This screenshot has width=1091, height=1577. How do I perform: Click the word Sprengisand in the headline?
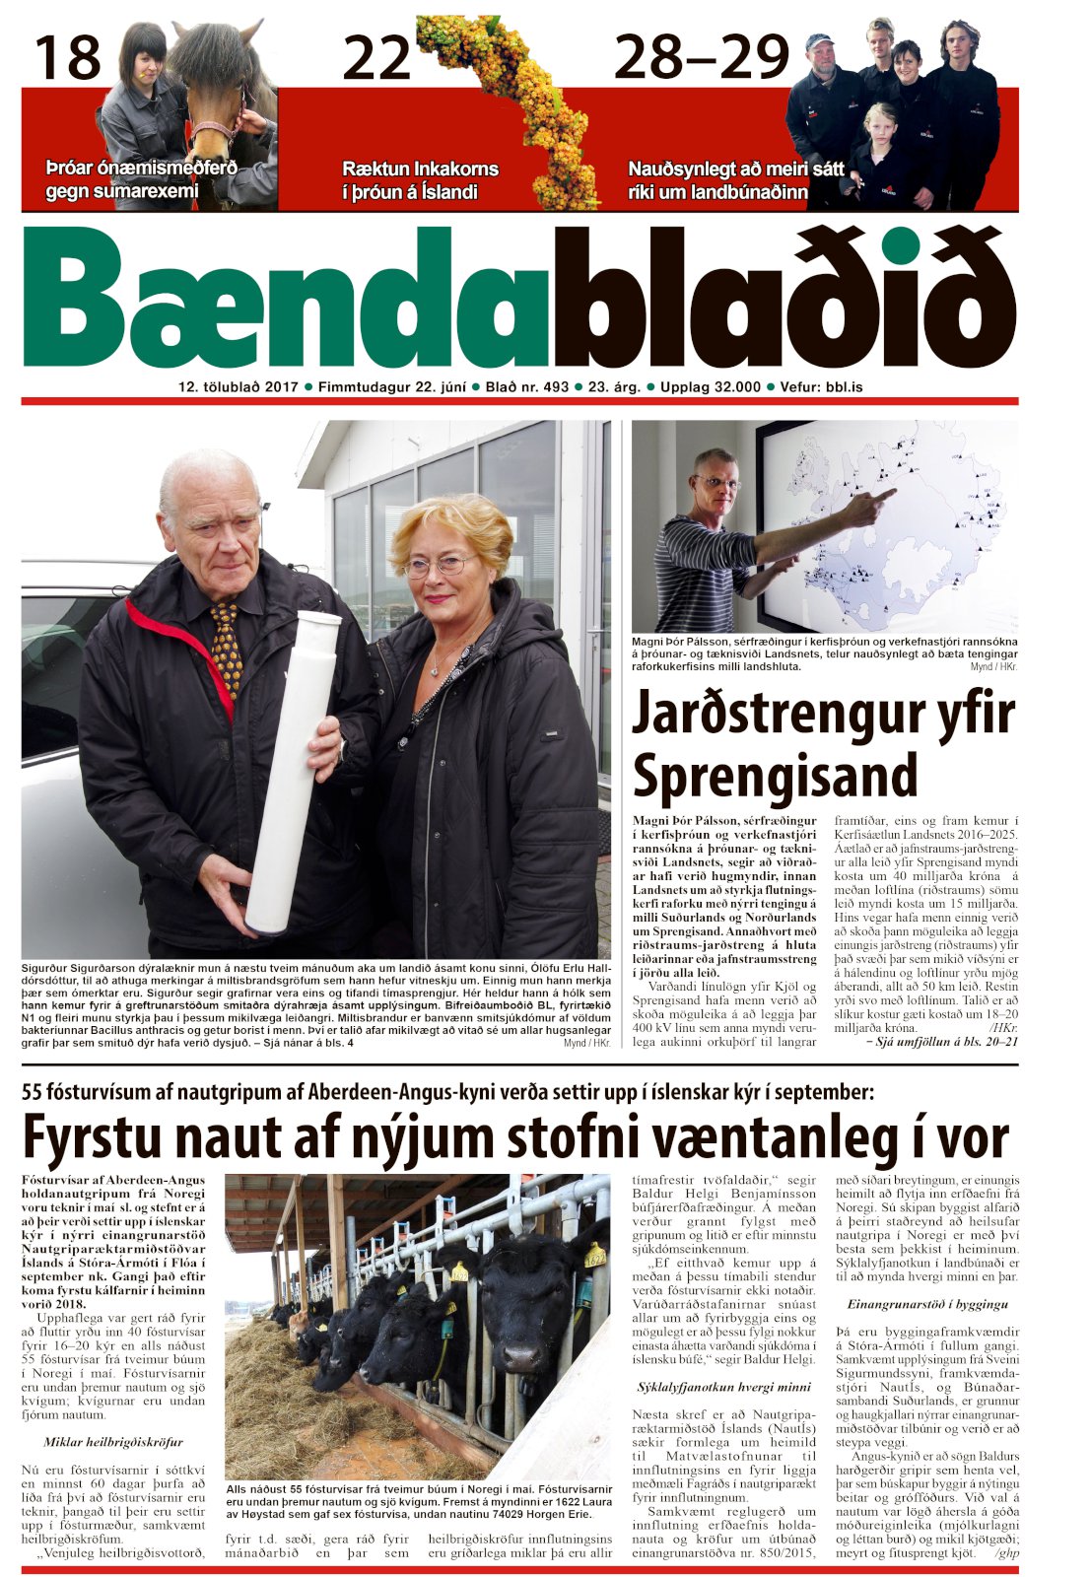[776, 775]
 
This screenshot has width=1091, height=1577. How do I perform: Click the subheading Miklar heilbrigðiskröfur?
[113, 1442]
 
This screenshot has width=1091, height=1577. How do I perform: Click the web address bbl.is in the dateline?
[843, 387]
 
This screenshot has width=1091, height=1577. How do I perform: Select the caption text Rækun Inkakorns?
[420, 169]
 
